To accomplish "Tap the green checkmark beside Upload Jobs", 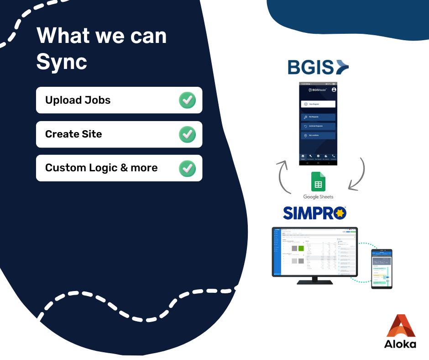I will tap(187, 100).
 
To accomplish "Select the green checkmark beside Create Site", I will tap(187, 134).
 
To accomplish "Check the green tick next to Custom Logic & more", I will tap(187, 168).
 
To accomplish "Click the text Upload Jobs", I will tap(78, 100).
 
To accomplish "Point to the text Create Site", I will tap(73, 134).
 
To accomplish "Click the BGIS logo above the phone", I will tap(318, 67).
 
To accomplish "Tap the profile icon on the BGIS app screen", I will tap(334, 90).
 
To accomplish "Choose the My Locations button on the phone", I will tap(318, 136).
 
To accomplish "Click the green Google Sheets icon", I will tap(318, 181).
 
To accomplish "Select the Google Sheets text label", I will tap(318, 197).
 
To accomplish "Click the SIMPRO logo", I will tap(314, 213).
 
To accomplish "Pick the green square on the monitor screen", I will tap(301, 249).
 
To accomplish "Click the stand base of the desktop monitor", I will tap(314, 282).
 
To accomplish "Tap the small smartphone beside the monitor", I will tap(382, 269).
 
